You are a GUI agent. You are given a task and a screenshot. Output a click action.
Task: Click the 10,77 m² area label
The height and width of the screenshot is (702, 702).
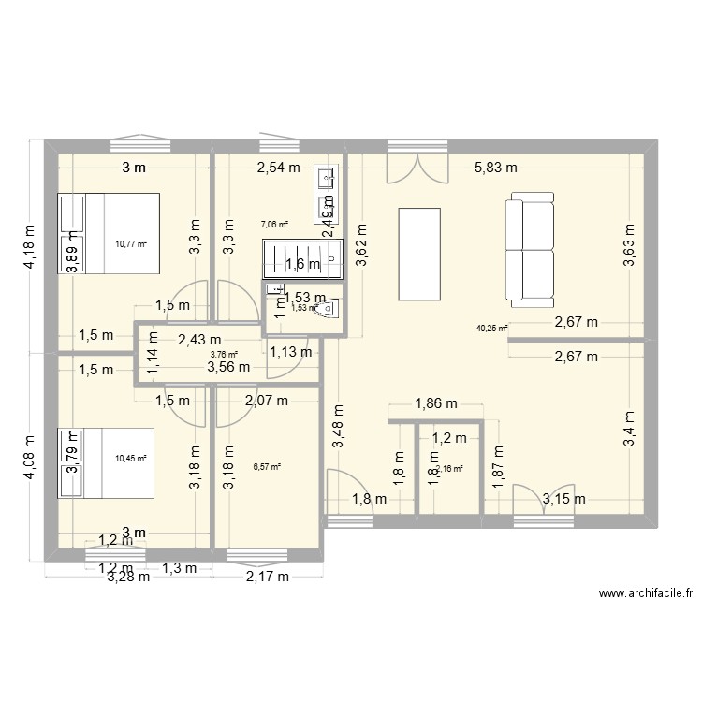132,244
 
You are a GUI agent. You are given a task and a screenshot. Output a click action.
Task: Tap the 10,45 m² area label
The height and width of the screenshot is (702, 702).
132,458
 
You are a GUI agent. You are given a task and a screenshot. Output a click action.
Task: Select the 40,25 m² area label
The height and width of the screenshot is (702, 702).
492,329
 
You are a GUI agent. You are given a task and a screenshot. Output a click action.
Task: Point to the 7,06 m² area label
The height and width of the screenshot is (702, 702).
274,225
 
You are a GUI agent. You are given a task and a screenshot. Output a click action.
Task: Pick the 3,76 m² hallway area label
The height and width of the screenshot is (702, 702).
224,355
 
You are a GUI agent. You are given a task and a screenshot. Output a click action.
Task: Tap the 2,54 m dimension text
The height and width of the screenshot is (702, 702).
279,168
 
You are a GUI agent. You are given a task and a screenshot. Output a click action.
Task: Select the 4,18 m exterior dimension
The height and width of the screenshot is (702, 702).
30,246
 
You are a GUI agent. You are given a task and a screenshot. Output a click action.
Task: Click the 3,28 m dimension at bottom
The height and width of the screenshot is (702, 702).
128,577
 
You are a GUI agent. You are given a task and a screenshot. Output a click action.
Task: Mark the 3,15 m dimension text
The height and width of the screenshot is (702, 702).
564,500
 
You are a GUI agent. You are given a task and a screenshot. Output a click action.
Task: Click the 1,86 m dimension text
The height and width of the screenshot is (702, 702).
435,404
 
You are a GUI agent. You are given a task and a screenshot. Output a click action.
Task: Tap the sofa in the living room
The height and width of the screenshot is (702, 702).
529,250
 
